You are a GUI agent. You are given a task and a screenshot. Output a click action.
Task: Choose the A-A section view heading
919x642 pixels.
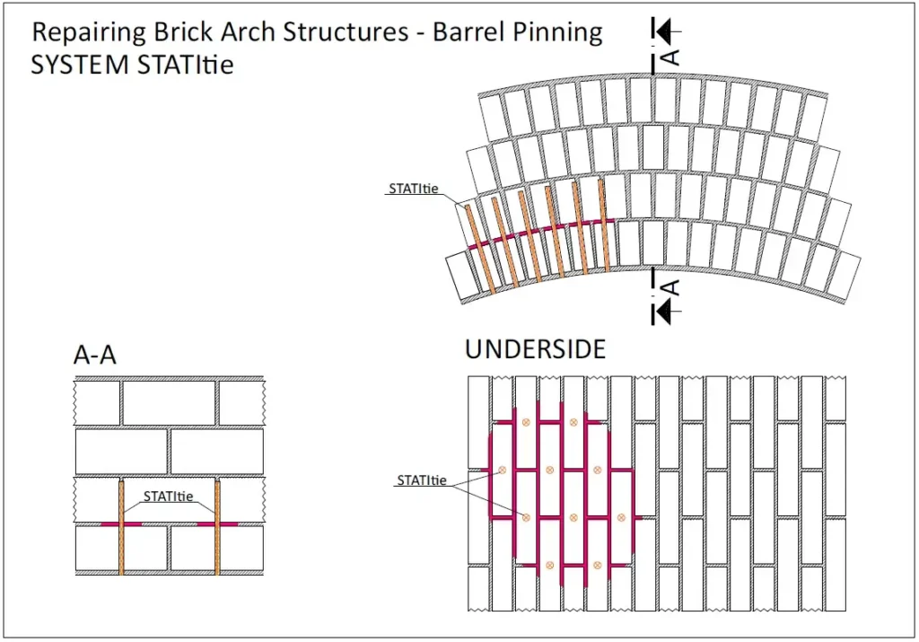[94, 356]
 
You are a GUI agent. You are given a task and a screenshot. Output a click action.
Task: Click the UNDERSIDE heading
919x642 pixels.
[535, 349]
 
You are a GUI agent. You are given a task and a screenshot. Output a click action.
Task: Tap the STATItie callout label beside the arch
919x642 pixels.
[414, 189]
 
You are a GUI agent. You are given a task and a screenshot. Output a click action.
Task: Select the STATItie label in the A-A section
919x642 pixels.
[169, 496]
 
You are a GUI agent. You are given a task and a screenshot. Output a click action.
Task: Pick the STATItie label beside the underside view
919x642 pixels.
[423, 480]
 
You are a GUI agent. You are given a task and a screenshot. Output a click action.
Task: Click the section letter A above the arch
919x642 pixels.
[670, 56]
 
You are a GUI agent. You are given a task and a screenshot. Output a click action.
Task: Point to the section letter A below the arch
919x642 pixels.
[670, 288]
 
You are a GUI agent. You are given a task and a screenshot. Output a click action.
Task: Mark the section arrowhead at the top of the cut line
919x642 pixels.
[663, 31]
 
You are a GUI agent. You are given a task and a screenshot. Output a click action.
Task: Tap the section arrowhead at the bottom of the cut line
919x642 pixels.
[663, 311]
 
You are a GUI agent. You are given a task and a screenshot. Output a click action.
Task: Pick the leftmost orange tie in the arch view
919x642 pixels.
[477, 248]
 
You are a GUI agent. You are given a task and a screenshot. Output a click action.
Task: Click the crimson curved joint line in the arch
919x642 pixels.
[538, 231]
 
